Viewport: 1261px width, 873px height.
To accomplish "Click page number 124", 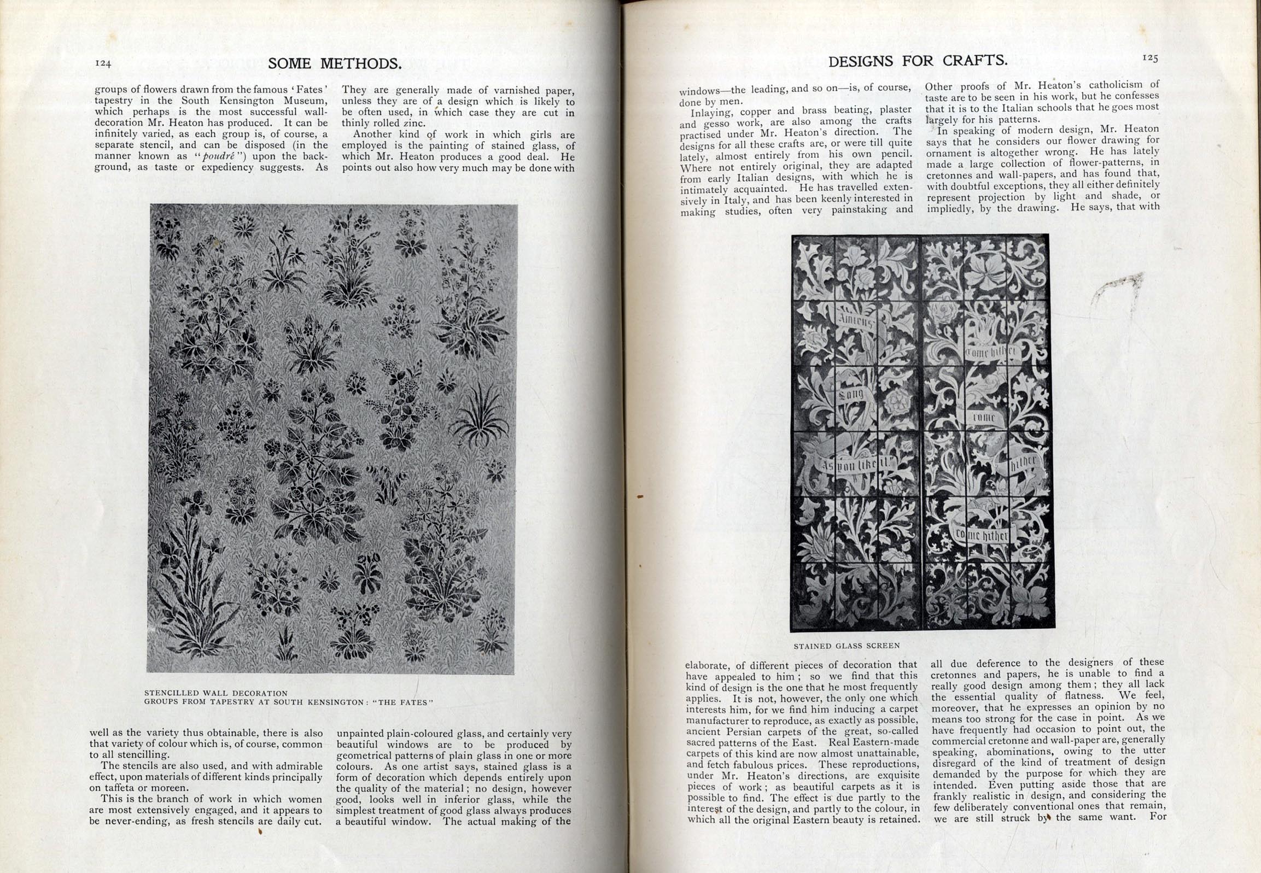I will click(103, 63).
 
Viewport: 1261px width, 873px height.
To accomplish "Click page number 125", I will click(1150, 58).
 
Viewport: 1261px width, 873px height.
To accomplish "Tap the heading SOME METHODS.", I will click(335, 64).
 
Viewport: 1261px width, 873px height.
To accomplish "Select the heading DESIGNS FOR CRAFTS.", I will click(918, 61).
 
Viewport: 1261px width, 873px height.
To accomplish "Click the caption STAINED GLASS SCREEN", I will click(846, 646).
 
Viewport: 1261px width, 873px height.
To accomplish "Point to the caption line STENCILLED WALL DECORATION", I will click(215, 693).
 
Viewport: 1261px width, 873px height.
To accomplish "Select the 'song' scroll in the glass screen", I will click(851, 394).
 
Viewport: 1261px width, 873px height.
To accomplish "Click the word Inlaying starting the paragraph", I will click(713, 113).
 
